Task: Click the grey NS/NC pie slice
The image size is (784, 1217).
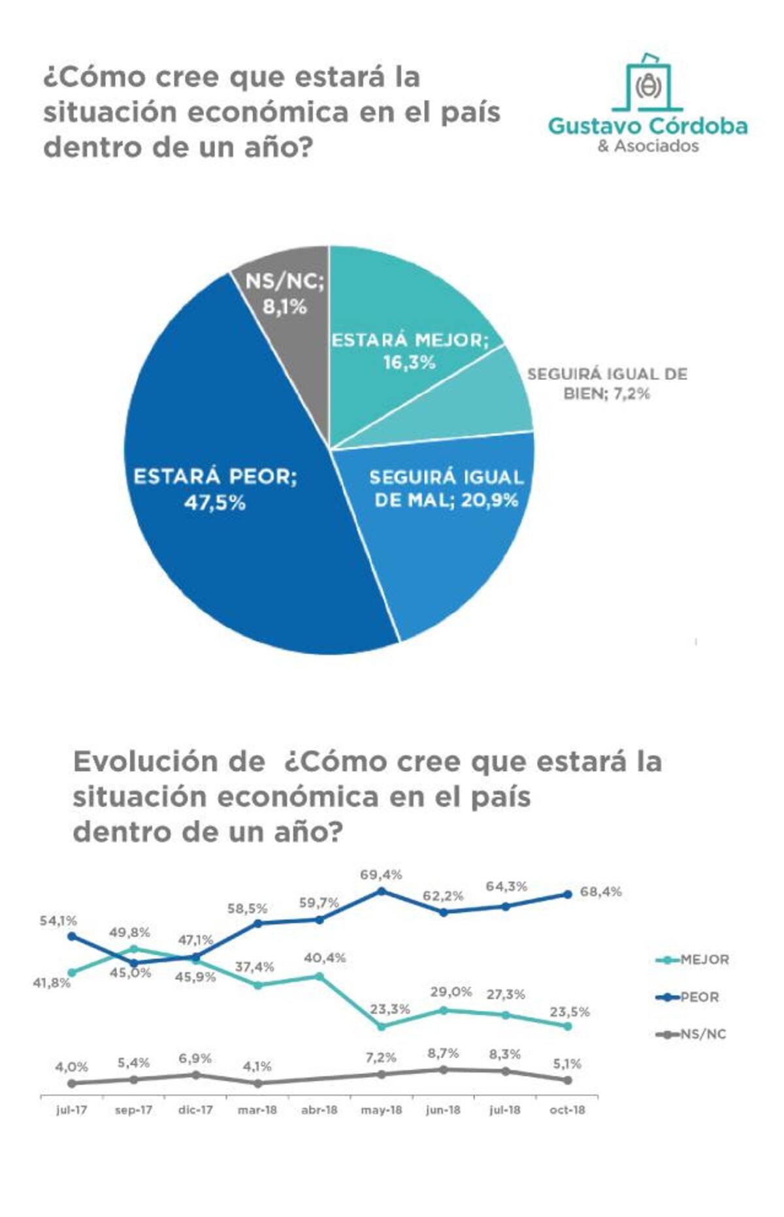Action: click(x=287, y=307)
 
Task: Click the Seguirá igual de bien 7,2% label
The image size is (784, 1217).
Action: click(x=607, y=383)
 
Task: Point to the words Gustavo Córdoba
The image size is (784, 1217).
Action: click(x=647, y=126)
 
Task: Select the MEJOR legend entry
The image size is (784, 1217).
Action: click(x=693, y=960)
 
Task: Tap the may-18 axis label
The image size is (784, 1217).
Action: click(x=382, y=1110)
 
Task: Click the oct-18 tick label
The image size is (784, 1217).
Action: click(x=567, y=1110)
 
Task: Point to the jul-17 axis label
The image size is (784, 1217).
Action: click(x=71, y=1110)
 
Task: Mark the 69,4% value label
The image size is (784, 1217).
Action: click(x=381, y=874)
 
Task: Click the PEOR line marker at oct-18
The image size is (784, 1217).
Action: click(x=568, y=894)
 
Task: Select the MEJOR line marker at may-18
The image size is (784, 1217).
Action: click(x=382, y=1026)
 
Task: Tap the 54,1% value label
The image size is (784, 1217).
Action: click(x=58, y=921)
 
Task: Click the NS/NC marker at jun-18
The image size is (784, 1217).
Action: click(x=444, y=1070)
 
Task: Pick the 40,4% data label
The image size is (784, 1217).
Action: click(x=325, y=958)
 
